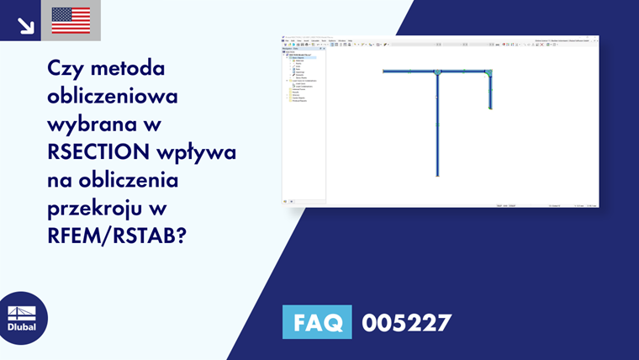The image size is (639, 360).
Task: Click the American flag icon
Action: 71,20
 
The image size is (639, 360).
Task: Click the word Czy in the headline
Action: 67,66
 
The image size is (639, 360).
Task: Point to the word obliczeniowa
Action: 113,96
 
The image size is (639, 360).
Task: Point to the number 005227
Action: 406,322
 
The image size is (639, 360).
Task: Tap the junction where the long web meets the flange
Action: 437,73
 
